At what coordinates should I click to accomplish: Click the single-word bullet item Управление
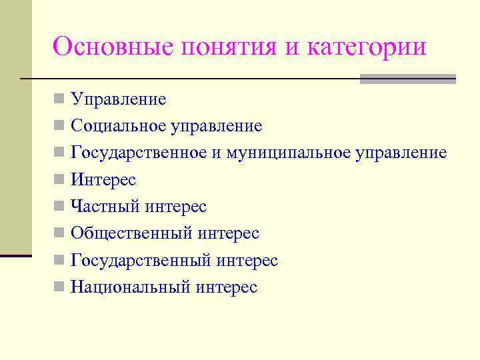point(119,100)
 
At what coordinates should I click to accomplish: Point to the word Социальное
point(119,126)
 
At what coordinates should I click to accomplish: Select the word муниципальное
point(288,153)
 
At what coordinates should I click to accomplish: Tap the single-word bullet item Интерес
point(103,180)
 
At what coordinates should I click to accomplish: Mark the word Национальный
point(131,287)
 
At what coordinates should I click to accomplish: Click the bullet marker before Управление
point(60,100)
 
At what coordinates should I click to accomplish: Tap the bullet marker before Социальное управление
point(60,126)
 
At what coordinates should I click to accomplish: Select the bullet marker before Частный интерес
point(60,207)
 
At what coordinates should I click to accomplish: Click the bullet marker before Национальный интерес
point(60,287)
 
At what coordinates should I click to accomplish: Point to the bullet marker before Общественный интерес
point(60,233)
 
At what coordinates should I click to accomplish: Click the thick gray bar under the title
point(407,79)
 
